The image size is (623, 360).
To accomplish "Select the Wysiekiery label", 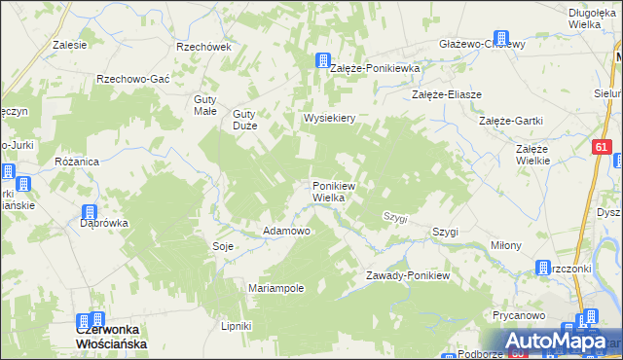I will tap(331, 118).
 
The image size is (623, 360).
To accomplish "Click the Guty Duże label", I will tap(250, 119).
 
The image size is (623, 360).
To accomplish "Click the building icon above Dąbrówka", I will tap(89, 212).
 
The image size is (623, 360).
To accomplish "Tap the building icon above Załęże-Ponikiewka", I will tap(323, 60).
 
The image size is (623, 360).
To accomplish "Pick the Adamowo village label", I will tap(286, 232).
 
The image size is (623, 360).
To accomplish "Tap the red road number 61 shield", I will tap(602, 147).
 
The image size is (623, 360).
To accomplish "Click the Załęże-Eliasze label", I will tap(447, 94).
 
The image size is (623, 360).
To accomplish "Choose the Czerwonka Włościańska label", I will tap(111, 337).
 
